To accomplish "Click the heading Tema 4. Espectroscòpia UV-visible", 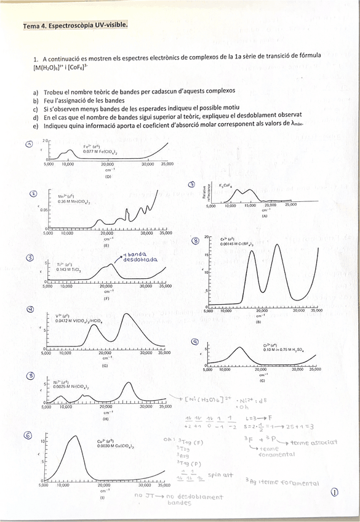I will (74, 26).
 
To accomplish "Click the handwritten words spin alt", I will (220, 475).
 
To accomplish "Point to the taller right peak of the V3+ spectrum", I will (127, 315).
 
